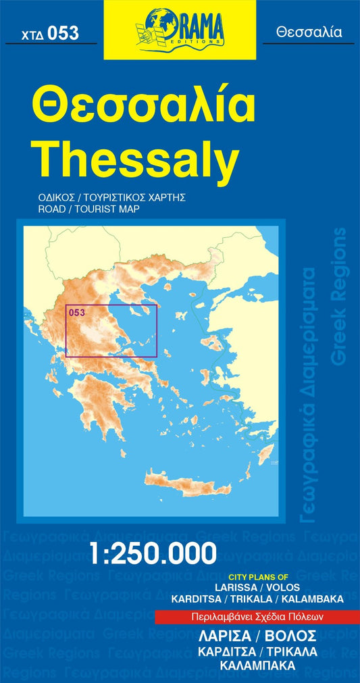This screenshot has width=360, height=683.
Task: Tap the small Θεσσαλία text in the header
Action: click(x=309, y=32)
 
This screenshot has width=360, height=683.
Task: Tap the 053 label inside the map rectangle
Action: click(x=76, y=311)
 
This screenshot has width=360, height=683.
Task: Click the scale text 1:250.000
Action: click(x=153, y=555)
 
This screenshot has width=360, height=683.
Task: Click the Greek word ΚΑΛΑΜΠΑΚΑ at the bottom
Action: click(x=257, y=665)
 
